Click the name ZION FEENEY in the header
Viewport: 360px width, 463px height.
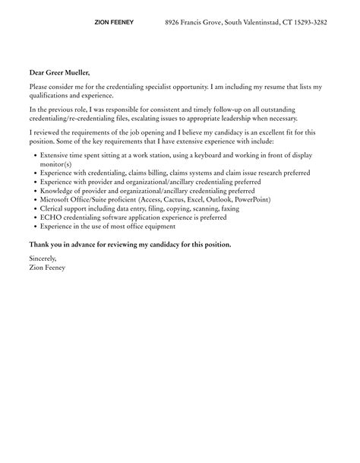tap(114, 23)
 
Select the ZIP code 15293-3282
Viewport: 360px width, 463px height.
tap(308, 23)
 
